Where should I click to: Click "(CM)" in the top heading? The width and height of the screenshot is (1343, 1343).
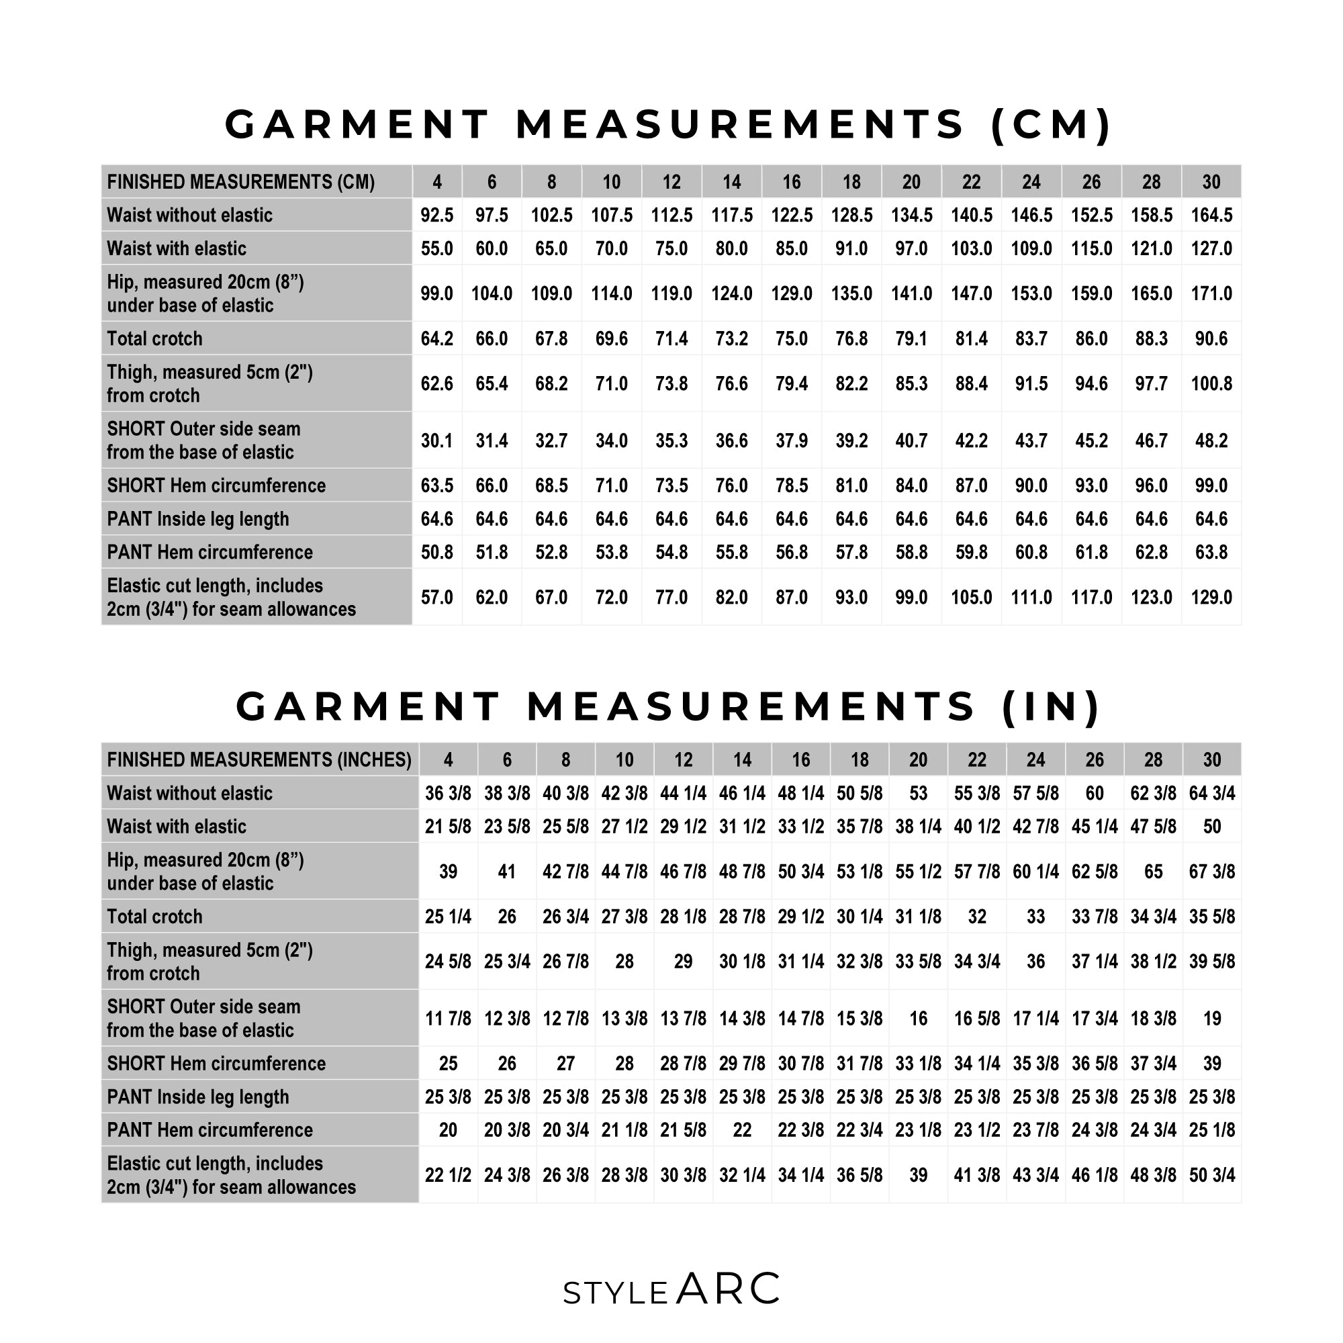[1050, 125]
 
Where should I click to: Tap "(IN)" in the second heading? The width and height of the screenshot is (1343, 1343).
[1050, 706]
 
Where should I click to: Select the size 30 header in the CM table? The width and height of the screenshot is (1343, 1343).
[1211, 182]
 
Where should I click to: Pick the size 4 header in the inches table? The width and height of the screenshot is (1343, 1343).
[448, 759]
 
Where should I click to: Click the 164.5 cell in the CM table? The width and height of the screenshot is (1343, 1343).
[1211, 216]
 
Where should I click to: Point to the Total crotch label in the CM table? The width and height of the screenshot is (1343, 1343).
[155, 338]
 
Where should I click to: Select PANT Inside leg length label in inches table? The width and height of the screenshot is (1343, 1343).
[198, 1097]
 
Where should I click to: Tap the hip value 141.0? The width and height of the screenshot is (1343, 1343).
[911, 293]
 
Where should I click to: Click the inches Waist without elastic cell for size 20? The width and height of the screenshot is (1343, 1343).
[917, 793]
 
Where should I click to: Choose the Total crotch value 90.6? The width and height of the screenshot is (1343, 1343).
[1211, 338]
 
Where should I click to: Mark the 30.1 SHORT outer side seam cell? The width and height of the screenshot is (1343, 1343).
[436, 441]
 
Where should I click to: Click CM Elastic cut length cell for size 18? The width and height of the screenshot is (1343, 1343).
[851, 597]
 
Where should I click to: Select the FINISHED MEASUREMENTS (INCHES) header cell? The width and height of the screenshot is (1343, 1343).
[259, 759]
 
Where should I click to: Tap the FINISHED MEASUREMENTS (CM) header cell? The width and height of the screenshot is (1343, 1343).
[241, 182]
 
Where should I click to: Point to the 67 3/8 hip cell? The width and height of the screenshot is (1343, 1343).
[1211, 872]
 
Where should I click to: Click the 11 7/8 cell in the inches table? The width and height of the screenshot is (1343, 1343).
[448, 1019]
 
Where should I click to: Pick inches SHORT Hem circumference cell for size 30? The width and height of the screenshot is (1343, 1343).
[1211, 1064]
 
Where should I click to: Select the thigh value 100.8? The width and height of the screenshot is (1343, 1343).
[1211, 383]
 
